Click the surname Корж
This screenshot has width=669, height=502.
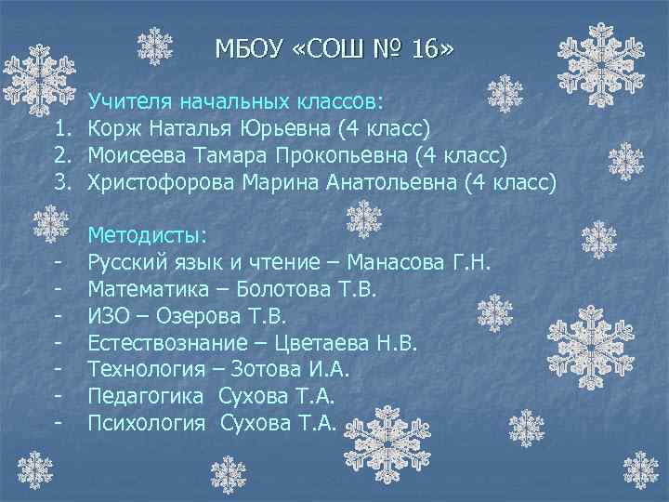click(116, 125)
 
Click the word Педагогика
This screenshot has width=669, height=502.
click(145, 397)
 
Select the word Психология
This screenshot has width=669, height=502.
click(146, 424)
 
